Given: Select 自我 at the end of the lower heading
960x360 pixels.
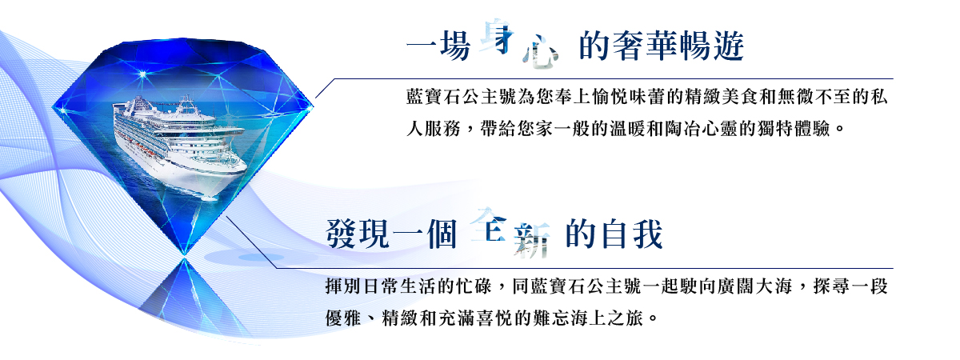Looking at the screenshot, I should tap(636, 234).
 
